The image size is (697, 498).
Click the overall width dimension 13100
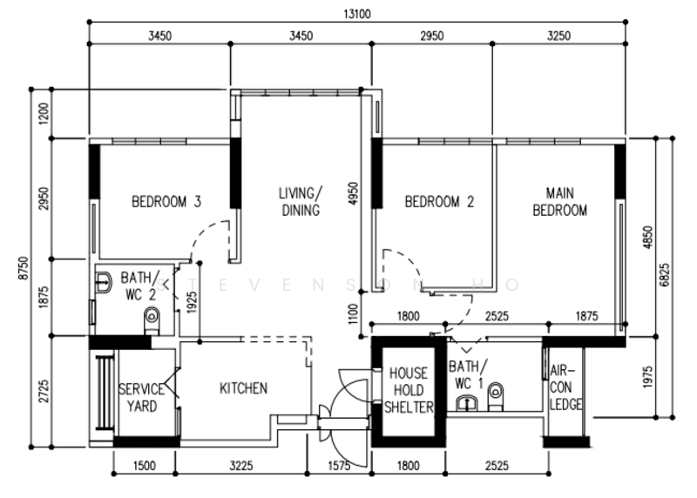tap(357, 14)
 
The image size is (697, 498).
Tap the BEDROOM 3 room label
tap(166, 202)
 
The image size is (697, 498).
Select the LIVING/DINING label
tap(301, 202)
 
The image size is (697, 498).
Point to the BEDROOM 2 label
tap(439, 202)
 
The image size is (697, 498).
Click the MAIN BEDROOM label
tap(559, 202)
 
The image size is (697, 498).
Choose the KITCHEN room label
tap(244, 388)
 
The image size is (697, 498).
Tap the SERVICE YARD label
tap(142, 398)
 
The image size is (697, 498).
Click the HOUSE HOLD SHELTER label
tap(409, 390)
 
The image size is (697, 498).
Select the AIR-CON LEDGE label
tap(565, 387)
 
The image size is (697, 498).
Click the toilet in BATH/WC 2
tap(152, 320)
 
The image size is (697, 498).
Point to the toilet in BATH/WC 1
tap(495, 396)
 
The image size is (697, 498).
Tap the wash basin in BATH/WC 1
tap(467, 403)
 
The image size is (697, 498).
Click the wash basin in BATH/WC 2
tap(104, 282)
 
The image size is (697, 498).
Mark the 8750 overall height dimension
tap(24, 268)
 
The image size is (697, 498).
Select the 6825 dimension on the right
tap(664, 275)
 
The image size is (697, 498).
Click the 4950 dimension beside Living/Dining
tap(354, 193)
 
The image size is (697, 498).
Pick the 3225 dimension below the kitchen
tap(241, 466)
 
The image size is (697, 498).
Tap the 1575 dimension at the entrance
tap(339, 466)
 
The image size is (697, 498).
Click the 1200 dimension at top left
tap(44, 114)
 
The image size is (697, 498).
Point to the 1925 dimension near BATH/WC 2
tap(192, 302)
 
